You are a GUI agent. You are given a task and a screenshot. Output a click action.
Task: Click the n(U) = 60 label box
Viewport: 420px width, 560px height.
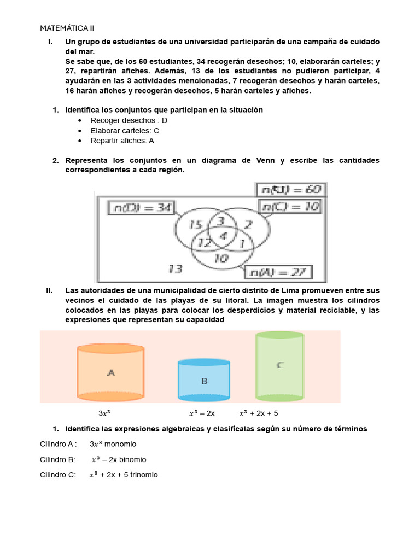290,190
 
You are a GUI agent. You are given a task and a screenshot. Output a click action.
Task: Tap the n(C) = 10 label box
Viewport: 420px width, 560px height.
289,207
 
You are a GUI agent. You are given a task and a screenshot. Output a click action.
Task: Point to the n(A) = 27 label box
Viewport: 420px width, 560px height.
279,272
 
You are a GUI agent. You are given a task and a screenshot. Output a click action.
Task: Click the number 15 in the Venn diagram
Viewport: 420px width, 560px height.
196,225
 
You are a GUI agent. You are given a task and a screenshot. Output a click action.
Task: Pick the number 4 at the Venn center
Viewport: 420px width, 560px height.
223,236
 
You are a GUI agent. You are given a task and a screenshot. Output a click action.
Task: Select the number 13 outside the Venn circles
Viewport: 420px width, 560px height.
175,269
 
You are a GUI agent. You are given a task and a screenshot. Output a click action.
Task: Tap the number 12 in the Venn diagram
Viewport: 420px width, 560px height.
205,243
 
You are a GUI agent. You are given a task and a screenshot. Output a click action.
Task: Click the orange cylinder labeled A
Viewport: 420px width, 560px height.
110,372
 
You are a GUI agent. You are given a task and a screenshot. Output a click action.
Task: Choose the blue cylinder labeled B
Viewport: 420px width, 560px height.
204,381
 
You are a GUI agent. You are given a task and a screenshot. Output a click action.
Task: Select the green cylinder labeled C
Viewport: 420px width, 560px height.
279,365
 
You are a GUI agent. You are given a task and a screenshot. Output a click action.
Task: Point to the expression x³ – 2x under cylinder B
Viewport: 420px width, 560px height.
202,413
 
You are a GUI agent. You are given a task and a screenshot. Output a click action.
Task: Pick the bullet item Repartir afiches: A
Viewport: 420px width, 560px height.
122,141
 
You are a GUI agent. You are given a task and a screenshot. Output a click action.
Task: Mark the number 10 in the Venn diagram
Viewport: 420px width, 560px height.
221,259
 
